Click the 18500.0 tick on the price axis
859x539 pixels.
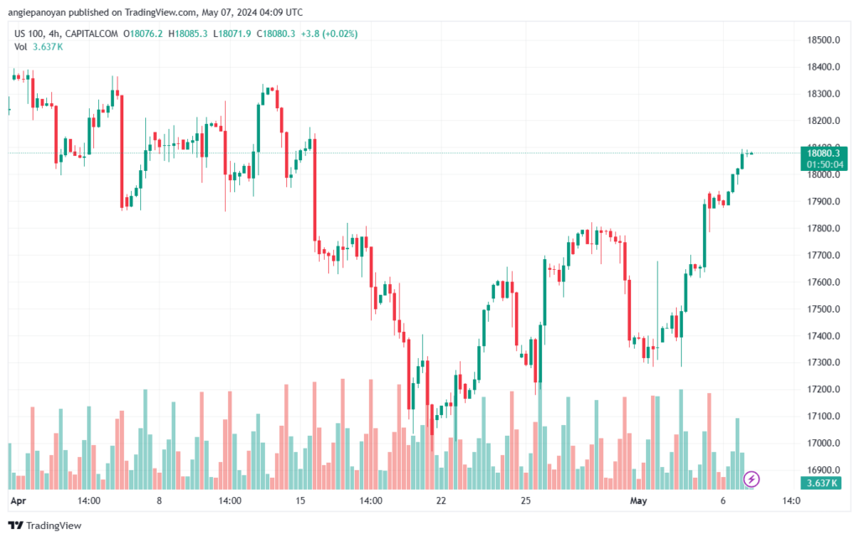tap(824, 40)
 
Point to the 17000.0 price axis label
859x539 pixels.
tap(824, 443)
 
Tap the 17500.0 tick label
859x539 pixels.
tap(824, 309)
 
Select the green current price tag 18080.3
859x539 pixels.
tap(824, 153)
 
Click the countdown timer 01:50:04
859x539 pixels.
tap(824, 164)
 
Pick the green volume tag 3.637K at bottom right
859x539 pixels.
tap(823, 484)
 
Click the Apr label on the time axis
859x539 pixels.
tap(18, 501)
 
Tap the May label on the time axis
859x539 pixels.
tap(639, 501)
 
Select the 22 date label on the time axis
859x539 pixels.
tap(440, 501)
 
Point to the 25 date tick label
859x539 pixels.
tap(525, 501)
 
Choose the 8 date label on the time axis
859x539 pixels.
tap(159, 501)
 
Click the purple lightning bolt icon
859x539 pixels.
tap(752, 479)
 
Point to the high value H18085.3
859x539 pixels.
tap(189, 34)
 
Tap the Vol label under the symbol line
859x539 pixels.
tap(21, 47)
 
